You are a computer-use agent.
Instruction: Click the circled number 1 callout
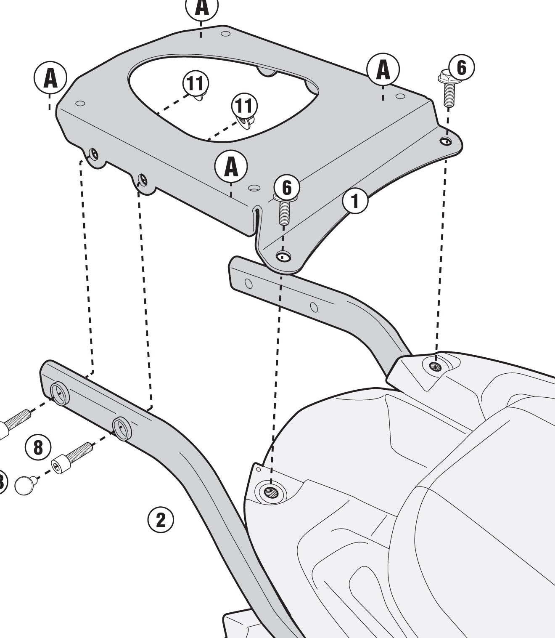355,201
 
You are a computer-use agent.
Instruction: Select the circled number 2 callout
160,520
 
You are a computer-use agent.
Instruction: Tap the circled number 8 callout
38,447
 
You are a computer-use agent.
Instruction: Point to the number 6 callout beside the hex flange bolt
461,67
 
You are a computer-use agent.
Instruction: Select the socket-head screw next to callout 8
71,456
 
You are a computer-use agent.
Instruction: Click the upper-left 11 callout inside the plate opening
196,83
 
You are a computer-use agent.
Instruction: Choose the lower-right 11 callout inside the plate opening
244,106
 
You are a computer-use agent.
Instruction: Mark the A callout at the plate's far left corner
50,78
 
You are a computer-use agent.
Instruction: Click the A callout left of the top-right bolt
383,69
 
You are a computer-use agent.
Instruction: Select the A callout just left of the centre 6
231,167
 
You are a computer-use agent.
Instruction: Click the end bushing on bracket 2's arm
59,394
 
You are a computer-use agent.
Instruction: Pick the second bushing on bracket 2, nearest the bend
122,428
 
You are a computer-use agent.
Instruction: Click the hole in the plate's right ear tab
446,141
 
